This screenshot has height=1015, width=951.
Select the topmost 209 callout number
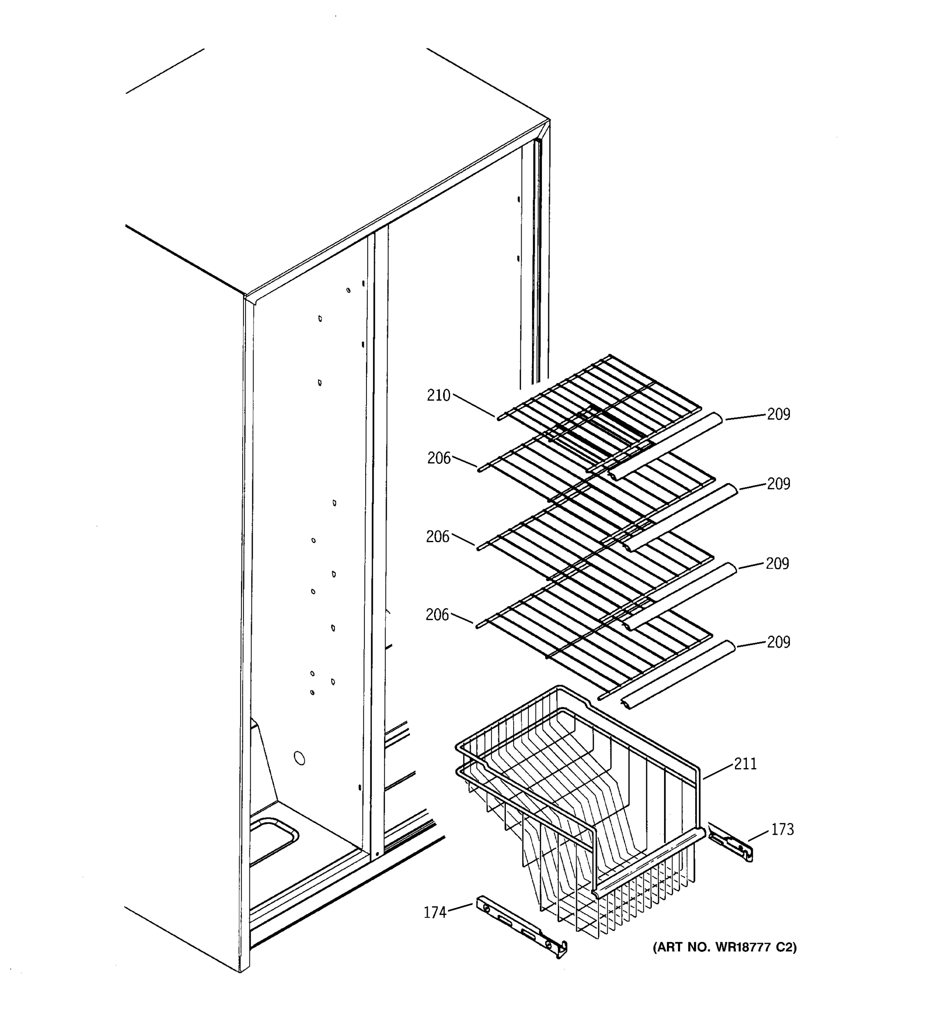779,414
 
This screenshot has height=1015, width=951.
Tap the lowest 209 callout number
779,642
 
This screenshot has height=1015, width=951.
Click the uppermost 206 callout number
439,458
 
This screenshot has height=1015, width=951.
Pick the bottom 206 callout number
437,615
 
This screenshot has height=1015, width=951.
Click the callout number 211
746,764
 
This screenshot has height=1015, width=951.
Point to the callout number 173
782,830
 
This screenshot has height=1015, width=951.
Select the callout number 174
435,912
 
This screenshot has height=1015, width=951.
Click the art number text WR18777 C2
724,948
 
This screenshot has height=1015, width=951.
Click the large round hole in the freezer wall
300,758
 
